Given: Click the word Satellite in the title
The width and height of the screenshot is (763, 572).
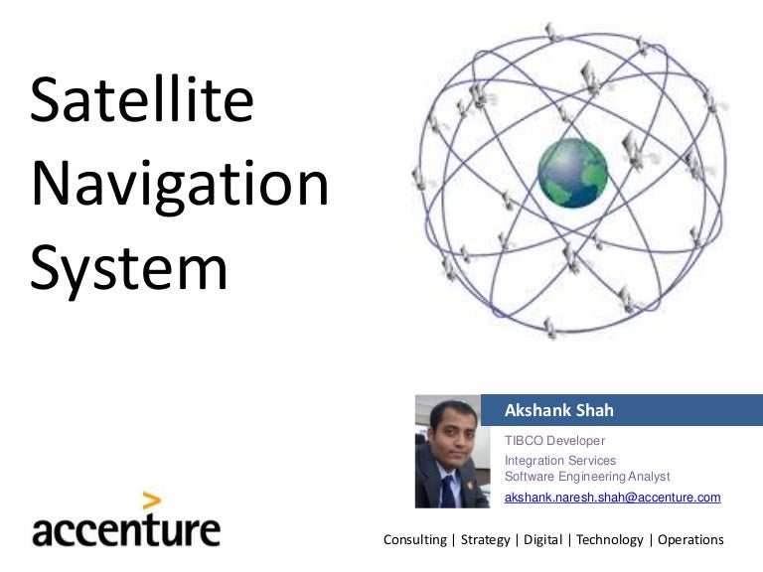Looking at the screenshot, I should [x=142, y=102].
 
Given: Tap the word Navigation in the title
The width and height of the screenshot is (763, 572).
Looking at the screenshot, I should [x=179, y=186].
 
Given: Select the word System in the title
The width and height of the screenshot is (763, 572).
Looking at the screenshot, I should [x=129, y=268].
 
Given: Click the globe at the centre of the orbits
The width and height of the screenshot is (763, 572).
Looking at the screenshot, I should [x=572, y=174].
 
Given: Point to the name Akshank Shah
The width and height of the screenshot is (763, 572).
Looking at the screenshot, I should [x=559, y=410].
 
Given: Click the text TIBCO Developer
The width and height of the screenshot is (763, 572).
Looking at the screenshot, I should [x=554, y=440].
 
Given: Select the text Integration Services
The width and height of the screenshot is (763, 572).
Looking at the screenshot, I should [x=560, y=461].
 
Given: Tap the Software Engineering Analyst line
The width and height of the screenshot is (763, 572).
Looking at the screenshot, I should [x=587, y=477].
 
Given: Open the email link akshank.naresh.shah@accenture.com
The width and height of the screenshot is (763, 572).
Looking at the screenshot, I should [x=612, y=497].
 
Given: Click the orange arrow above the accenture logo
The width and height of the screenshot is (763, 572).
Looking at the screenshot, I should [x=150, y=501].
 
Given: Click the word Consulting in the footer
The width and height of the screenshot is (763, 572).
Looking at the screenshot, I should [x=414, y=540].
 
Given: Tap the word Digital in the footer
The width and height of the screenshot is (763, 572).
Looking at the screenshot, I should [x=541, y=540].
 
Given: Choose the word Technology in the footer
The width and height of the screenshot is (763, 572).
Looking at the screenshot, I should [x=609, y=540].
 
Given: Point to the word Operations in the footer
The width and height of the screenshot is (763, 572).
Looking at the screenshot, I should [x=690, y=540].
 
